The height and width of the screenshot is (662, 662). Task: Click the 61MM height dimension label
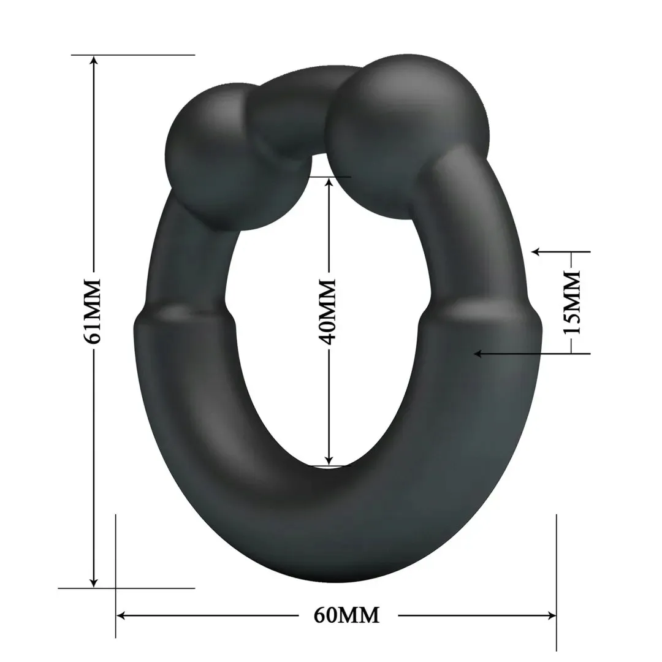94,311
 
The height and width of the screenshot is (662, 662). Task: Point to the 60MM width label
346,614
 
